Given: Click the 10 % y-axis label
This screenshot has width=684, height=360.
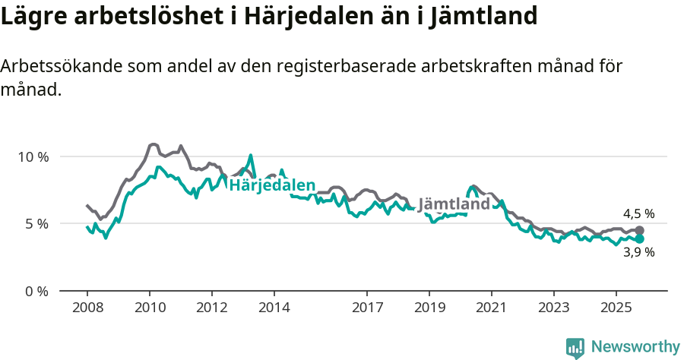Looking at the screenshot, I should pos(33,157).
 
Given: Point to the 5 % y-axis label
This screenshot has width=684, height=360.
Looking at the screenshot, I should pos(36,224).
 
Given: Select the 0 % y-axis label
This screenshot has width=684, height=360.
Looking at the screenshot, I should pos(36,291).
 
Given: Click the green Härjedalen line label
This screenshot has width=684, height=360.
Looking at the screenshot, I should pos(272,186).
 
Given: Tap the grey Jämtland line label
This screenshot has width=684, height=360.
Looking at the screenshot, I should pos(454,205).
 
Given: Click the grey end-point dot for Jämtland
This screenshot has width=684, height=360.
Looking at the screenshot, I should pos(640,230).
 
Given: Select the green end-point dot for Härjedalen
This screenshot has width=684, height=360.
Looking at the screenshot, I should pos(640,238).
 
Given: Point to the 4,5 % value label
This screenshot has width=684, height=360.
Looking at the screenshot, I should pos(638,214).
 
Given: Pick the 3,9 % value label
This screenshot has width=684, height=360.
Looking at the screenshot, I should pos(638,253).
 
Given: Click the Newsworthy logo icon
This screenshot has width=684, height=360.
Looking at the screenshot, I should pos(575,347).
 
